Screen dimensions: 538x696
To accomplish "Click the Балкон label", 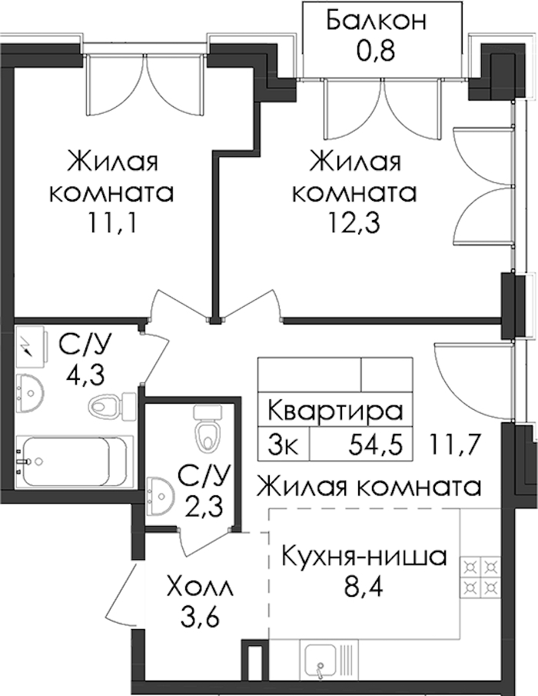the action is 376,21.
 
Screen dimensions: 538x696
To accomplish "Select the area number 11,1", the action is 111,223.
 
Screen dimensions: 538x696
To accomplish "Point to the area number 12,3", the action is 354,223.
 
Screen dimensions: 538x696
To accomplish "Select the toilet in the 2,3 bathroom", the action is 208,429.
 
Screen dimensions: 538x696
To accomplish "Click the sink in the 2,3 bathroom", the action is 160,495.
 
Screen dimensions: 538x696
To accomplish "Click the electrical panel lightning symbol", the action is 28,346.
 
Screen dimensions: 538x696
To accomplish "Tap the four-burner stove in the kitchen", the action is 480,576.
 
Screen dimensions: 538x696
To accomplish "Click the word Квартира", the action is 336,410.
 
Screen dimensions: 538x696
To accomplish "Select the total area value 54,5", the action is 376,445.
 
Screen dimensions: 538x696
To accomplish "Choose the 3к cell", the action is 283,445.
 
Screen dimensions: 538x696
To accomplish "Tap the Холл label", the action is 200,588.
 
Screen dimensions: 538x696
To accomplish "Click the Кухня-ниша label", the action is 364,557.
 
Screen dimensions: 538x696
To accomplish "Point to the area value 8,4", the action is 364,588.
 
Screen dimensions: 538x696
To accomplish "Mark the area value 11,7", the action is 454,445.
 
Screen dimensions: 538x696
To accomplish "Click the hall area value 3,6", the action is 200,617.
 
